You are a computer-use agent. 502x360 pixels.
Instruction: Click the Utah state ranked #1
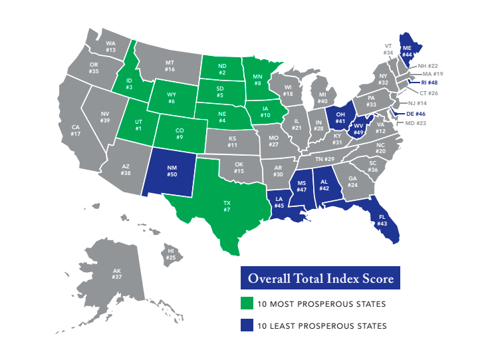click(138, 126)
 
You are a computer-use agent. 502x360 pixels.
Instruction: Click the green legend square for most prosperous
click(246, 304)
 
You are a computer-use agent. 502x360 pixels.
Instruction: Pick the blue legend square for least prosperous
click(246, 325)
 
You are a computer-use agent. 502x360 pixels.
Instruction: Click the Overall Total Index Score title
click(321, 278)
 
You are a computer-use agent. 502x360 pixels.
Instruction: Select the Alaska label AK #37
click(117, 274)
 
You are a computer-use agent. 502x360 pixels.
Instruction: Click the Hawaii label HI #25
click(171, 254)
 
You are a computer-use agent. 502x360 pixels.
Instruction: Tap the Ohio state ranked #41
click(340, 118)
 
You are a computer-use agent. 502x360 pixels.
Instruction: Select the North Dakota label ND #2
click(221, 69)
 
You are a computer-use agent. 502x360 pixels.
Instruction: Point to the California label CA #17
click(76, 130)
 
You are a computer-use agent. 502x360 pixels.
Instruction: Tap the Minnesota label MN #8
click(257, 80)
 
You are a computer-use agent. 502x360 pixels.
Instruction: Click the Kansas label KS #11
click(232, 140)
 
